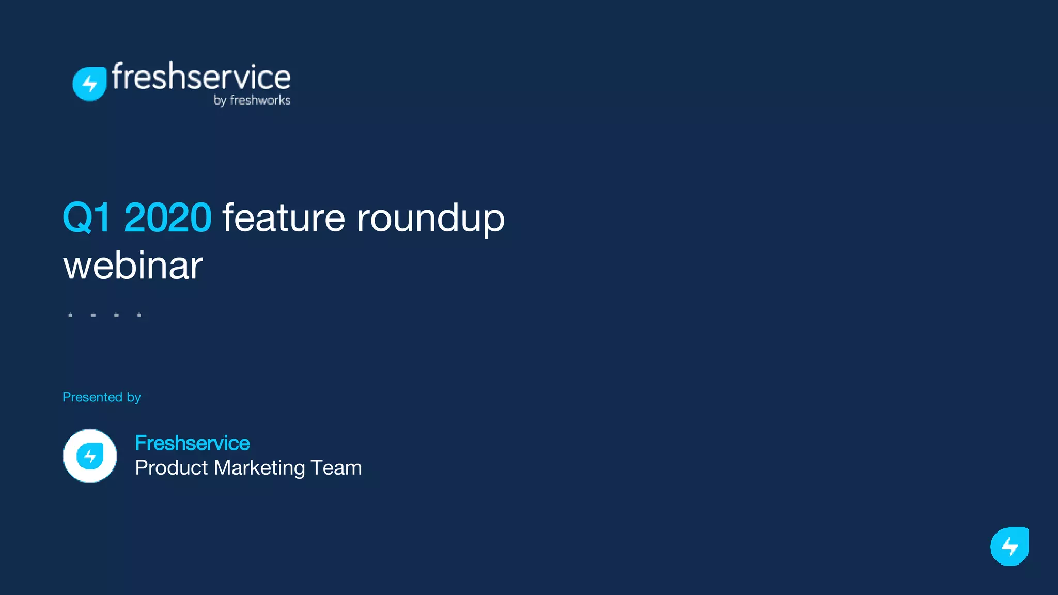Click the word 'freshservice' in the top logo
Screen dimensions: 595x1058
point(201,77)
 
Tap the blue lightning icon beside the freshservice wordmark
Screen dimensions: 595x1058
point(90,84)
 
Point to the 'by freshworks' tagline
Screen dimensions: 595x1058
point(252,100)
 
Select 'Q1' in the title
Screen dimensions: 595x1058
point(86,218)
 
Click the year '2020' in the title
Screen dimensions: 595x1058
point(167,218)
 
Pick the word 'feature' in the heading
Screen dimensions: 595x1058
point(284,218)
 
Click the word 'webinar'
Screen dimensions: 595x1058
point(133,266)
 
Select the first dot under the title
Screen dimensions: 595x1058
point(70,315)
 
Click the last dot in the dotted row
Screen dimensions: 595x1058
point(139,315)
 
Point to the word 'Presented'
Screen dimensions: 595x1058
point(92,397)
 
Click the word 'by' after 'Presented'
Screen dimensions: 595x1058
point(134,398)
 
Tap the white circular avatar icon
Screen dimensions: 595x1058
point(90,456)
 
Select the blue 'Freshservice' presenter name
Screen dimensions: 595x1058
point(192,443)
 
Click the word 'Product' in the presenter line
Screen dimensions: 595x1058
point(171,468)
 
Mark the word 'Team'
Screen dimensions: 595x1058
point(336,468)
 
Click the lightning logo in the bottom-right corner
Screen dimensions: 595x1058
point(1009,546)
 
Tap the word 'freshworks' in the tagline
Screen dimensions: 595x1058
point(260,100)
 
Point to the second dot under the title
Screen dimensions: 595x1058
point(93,315)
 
